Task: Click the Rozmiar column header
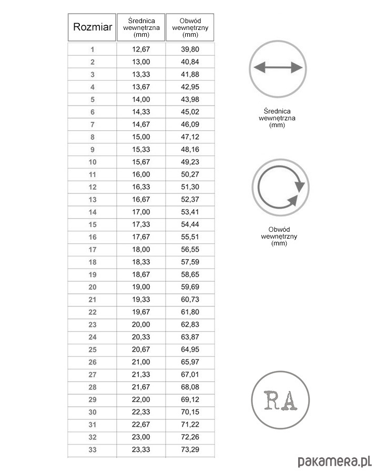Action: click(x=93, y=27)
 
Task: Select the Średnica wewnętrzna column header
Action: click(x=141, y=27)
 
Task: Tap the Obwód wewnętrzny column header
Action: click(x=190, y=27)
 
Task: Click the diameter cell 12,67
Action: click(x=141, y=49)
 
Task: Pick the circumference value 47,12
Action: click(x=190, y=137)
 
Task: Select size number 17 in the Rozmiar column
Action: click(x=93, y=249)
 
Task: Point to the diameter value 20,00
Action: click(x=141, y=324)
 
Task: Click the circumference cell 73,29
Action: click(x=190, y=449)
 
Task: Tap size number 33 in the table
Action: click(x=93, y=449)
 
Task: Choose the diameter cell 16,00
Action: click(x=141, y=174)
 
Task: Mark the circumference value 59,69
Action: click(x=190, y=286)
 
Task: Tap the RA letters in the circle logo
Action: click(x=279, y=400)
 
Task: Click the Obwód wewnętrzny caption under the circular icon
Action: click(x=279, y=236)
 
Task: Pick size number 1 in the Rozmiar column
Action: click(x=93, y=49)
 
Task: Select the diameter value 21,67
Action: click(x=141, y=387)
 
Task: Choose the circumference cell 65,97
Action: click(x=190, y=362)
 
